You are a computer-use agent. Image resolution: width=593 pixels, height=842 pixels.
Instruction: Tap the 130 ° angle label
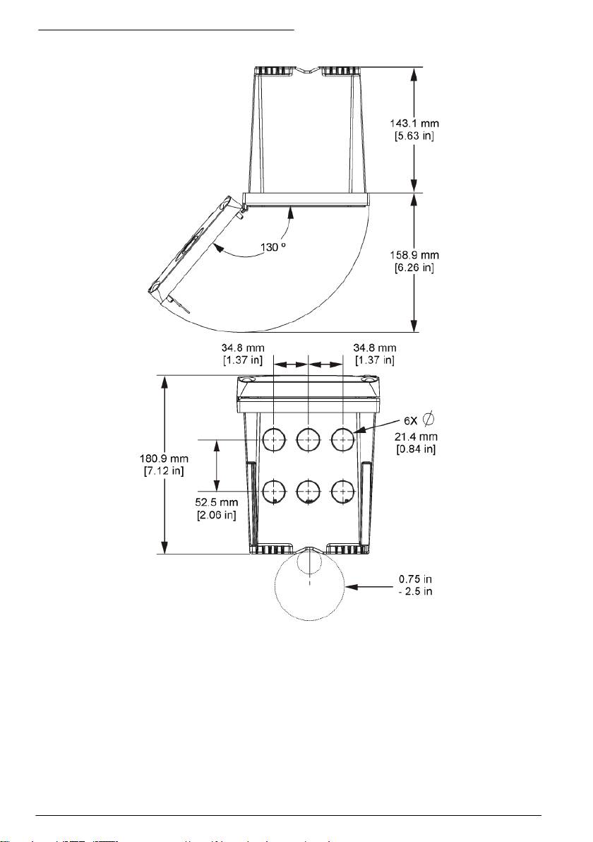(x=273, y=247)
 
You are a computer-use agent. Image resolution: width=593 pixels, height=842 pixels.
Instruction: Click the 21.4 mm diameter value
(x=416, y=437)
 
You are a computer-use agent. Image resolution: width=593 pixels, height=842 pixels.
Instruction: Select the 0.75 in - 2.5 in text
(x=415, y=586)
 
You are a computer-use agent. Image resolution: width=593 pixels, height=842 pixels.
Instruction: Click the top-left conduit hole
(x=274, y=439)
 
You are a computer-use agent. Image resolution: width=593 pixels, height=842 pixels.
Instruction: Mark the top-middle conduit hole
(x=309, y=439)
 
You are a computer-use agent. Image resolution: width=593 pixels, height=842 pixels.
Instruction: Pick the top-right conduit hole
(x=343, y=439)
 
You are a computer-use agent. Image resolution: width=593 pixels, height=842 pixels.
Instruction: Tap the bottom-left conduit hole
(x=274, y=490)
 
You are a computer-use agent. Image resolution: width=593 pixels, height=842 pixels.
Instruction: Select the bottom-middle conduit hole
(x=309, y=490)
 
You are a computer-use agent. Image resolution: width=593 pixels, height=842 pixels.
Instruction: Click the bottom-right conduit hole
(x=343, y=490)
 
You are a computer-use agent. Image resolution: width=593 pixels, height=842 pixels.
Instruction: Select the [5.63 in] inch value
(x=414, y=136)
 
